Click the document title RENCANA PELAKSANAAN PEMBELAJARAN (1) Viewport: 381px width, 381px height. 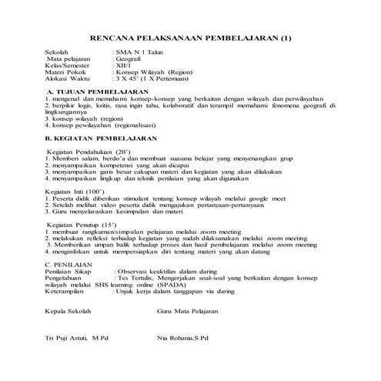pyautogui.click(x=192, y=38)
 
